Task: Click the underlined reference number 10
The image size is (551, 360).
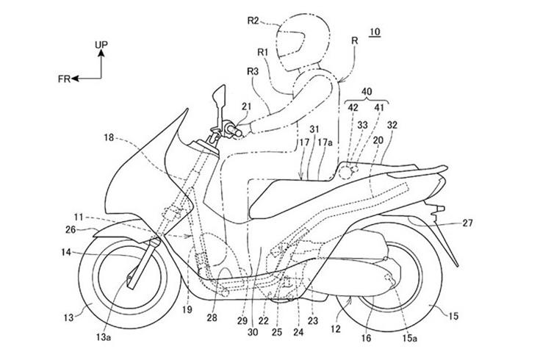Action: coord(375,32)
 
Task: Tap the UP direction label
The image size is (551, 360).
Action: coord(101,45)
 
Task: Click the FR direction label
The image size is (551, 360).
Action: coord(65,79)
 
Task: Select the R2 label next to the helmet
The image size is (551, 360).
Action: coord(253,21)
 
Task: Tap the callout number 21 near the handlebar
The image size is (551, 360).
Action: coord(247,106)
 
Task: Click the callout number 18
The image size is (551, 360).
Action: coord(109,137)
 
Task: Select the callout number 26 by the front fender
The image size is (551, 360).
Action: coord(71,229)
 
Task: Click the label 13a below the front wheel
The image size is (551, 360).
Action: coord(104,337)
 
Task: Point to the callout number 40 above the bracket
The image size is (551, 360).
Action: coord(367,91)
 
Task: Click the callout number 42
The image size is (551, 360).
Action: coord(353,107)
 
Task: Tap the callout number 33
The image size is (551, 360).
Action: coord(363,125)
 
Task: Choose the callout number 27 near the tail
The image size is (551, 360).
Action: coord(467,223)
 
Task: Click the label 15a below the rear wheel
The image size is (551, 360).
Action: coord(410,338)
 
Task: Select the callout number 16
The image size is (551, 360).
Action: coord(366,338)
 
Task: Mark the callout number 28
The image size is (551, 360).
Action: coord(212,318)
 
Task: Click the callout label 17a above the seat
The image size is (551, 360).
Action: coord(325,143)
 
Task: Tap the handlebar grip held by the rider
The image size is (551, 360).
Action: coord(231,129)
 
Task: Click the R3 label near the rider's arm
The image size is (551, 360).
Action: coord(253,71)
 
